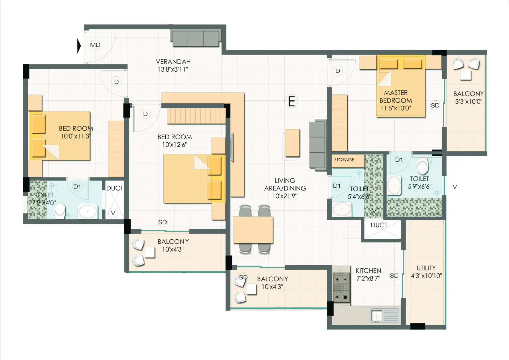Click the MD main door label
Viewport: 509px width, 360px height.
click(95, 45)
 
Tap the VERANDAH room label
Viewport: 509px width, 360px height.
click(173, 62)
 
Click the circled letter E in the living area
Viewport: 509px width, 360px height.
click(291, 101)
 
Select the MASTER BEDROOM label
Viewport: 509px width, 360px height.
click(396, 96)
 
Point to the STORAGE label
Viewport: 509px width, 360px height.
click(344, 160)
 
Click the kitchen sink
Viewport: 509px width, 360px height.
click(384, 316)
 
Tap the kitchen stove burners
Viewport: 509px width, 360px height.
click(342, 287)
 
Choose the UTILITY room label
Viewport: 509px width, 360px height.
click(426, 268)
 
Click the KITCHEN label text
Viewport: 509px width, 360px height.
click(368, 270)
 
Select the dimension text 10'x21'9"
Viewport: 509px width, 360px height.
click(285, 196)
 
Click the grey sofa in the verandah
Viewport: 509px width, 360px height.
click(196, 39)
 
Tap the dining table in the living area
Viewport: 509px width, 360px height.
click(253, 230)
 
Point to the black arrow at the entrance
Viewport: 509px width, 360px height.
click(79, 46)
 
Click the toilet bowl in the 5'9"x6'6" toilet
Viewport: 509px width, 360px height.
click(423, 166)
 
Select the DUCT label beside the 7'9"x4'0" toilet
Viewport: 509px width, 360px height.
click(115, 188)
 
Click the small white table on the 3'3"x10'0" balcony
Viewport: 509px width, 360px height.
click(466, 76)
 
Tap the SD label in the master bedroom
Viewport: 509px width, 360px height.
click(435, 106)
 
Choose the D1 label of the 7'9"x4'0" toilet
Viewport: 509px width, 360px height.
click(77, 187)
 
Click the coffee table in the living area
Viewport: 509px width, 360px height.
click(293, 143)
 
